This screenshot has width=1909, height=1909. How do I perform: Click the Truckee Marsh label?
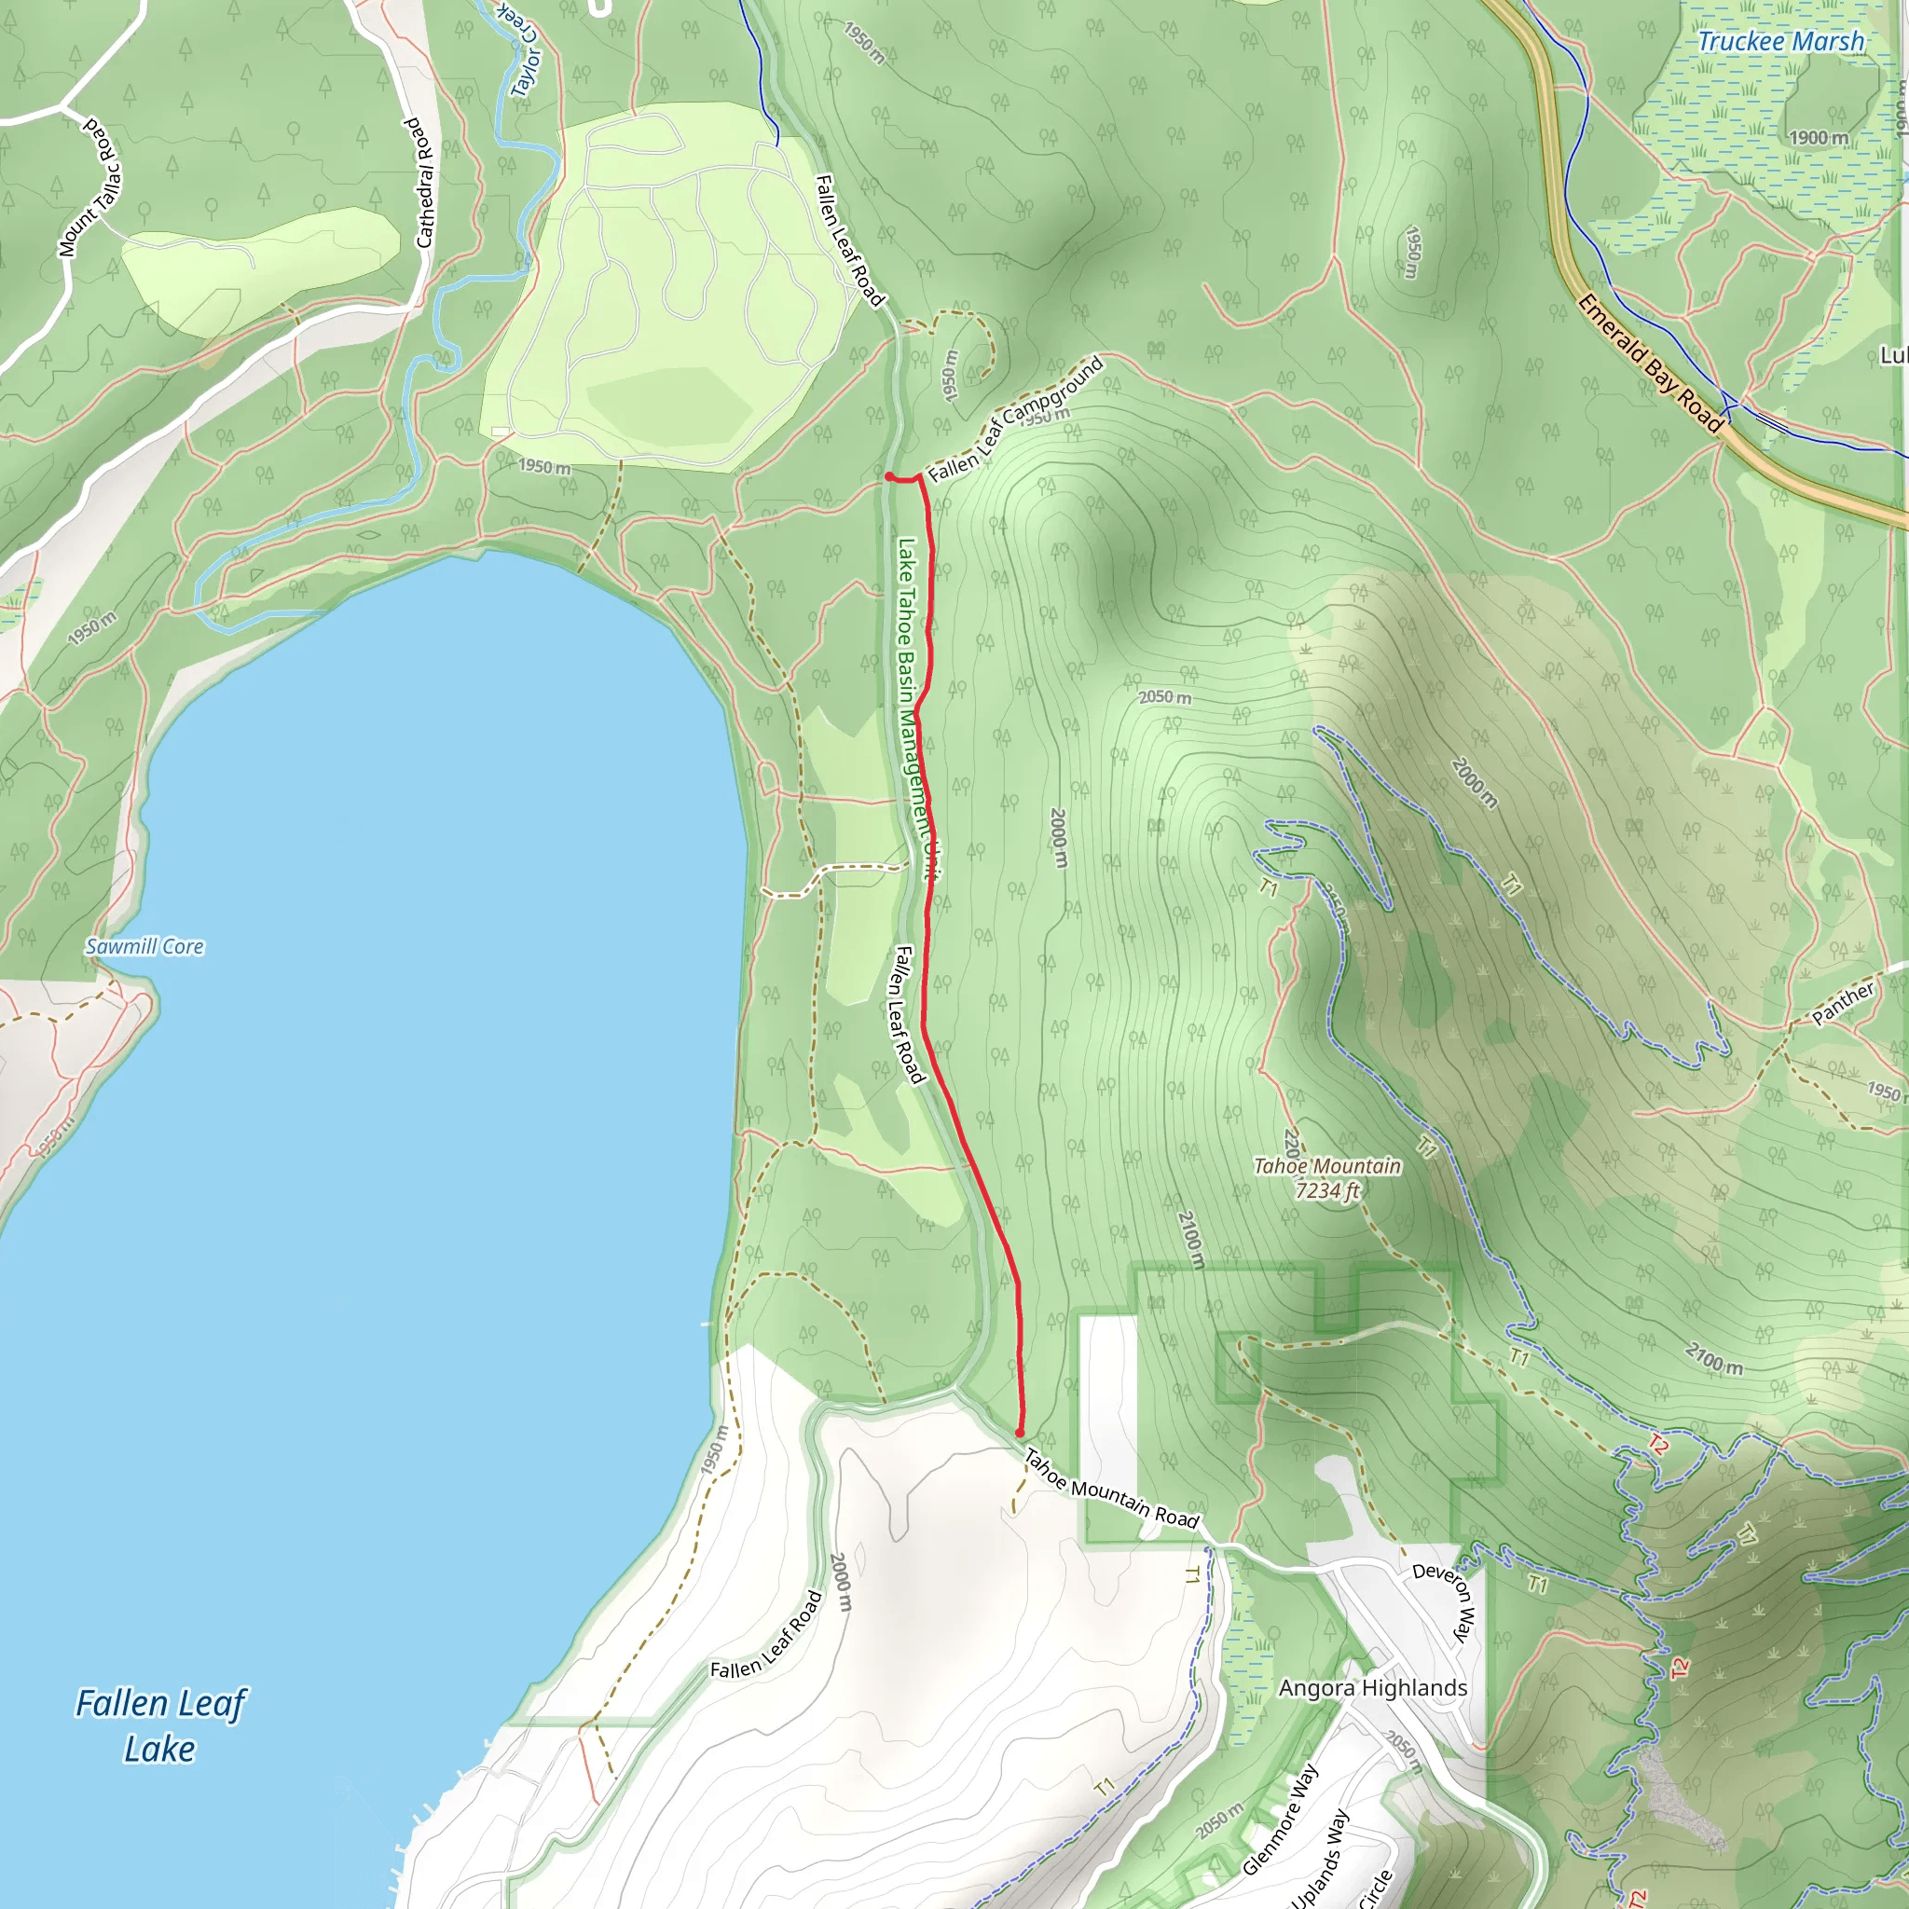[1780, 42]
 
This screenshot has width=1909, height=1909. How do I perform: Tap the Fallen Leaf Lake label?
[160, 1726]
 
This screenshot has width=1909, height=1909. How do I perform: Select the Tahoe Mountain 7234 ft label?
[1327, 1178]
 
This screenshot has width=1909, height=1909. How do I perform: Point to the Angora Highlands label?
[1372, 1688]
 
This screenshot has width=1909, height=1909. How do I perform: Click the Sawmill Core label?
[144, 947]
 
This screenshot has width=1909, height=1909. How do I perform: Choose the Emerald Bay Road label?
[1649, 363]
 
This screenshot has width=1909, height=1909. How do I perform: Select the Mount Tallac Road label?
[89, 186]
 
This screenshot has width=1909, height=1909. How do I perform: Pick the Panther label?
[1843, 1004]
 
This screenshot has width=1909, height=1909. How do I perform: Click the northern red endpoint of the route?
[889, 477]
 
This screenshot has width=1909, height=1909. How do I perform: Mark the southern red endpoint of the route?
[1020, 1433]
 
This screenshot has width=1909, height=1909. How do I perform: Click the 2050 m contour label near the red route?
[1165, 696]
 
